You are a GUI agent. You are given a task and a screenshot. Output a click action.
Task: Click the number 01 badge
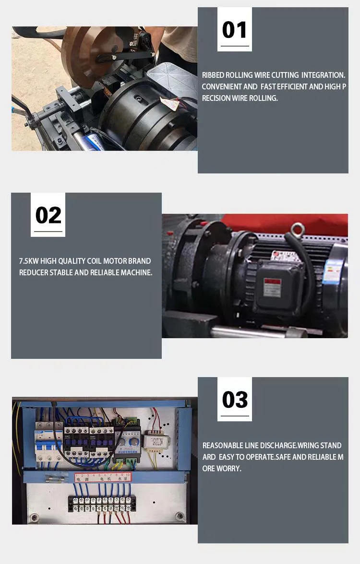point(234,29)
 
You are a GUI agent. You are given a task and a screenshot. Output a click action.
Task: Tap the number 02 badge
point(48,215)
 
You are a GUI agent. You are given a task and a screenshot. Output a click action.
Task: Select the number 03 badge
point(234,399)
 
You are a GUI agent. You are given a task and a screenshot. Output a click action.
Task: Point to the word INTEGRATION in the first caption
point(323,75)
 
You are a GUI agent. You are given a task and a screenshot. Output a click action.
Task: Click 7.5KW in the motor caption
point(29,261)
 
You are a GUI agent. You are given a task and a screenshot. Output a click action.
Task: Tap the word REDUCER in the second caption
point(34,272)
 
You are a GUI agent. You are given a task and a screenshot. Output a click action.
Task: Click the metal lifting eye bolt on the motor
point(298,230)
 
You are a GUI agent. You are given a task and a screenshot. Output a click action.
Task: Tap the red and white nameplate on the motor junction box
point(273,284)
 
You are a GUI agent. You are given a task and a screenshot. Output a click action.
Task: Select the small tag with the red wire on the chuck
point(169,103)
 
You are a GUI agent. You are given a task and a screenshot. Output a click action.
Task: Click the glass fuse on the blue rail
point(53,478)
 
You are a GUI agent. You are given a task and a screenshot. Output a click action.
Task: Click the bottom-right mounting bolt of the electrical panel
point(180,516)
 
